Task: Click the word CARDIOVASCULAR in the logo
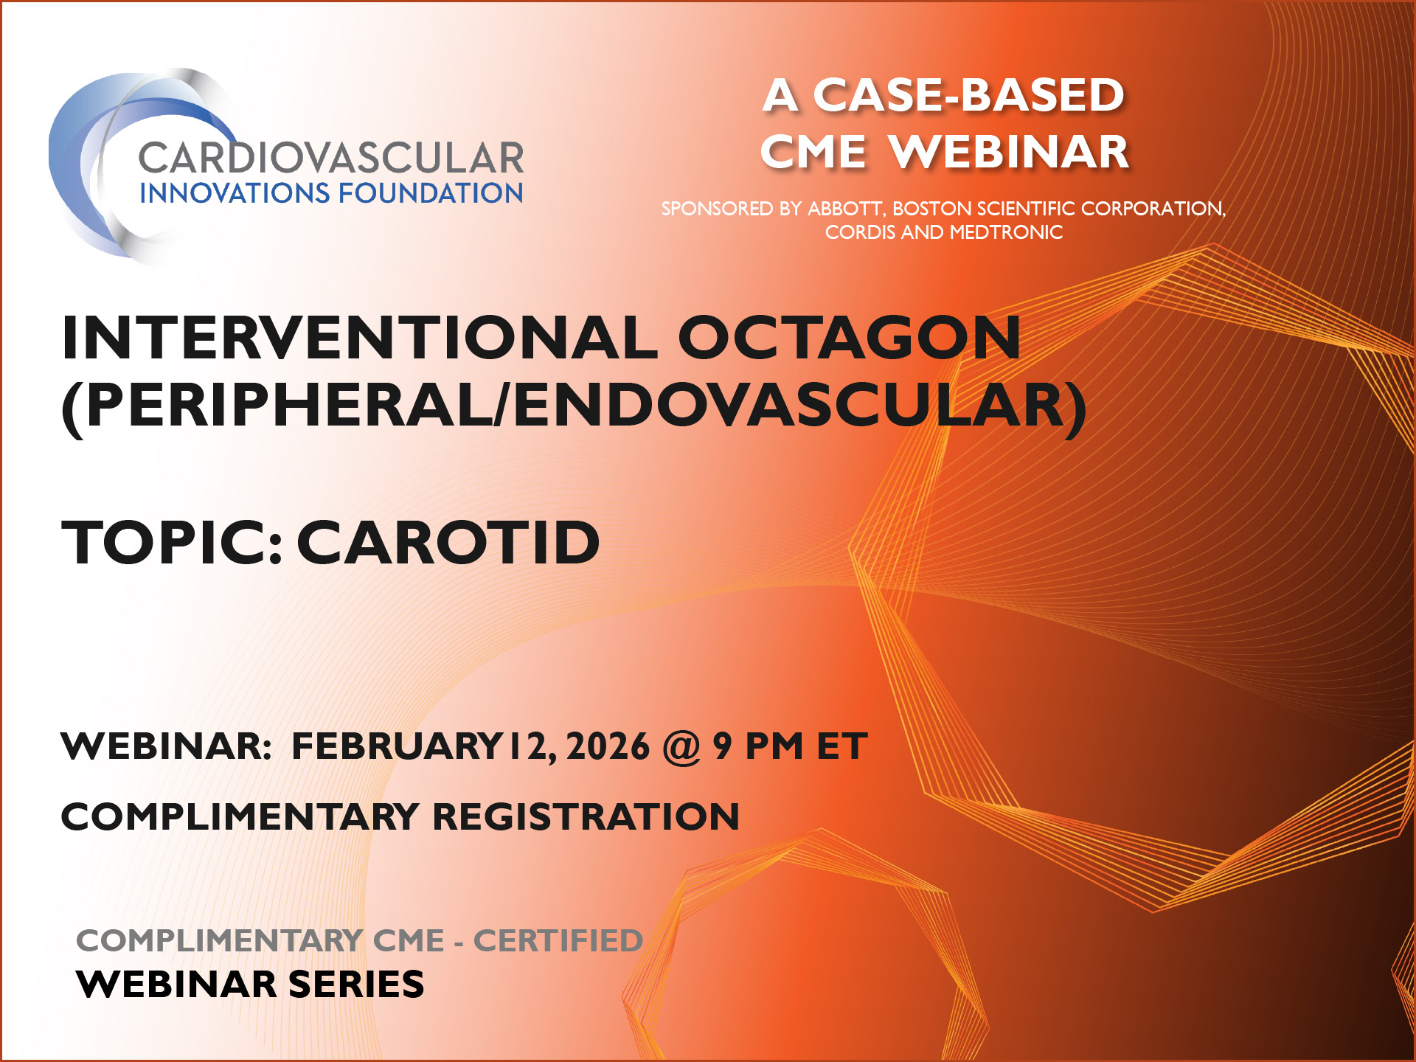click(330, 158)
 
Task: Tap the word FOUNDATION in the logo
click(431, 193)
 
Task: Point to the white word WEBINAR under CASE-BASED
click(1009, 152)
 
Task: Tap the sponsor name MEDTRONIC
click(1006, 232)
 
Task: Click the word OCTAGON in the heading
click(849, 338)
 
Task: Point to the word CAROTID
click(448, 543)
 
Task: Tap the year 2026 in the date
click(608, 746)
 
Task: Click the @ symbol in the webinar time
click(681, 746)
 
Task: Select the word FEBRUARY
click(397, 746)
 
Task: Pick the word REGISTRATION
click(586, 816)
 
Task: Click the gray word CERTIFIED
click(558, 940)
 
